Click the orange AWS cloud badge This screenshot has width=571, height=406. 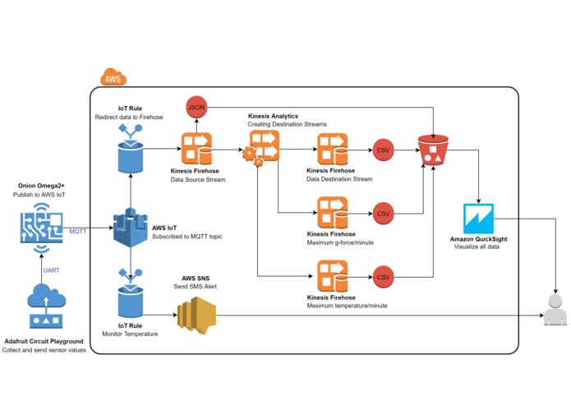click(113, 79)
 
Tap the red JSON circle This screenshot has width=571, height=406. click(197, 108)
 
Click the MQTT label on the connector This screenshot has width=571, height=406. click(79, 232)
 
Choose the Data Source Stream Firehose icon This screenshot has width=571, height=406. click(197, 151)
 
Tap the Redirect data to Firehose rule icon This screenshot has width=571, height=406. click(130, 154)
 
